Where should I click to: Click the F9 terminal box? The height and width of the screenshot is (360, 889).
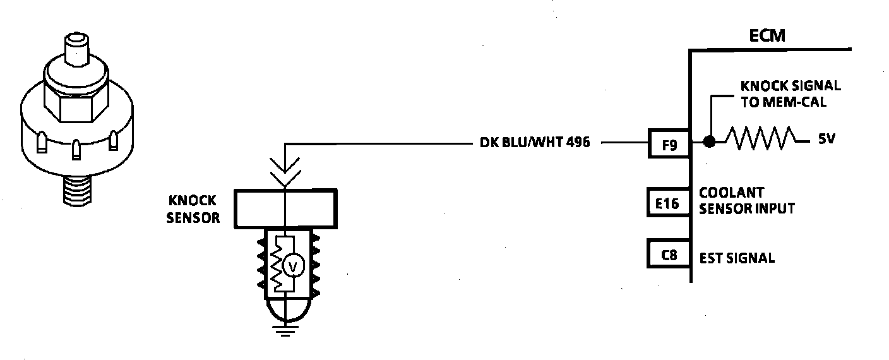pos(670,144)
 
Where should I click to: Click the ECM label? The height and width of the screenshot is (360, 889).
pos(767,35)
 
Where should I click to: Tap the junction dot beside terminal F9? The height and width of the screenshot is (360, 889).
pos(710,142)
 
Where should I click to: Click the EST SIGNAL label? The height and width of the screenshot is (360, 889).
pos(736,258)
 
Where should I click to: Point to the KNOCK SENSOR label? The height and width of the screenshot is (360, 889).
pos(194,209)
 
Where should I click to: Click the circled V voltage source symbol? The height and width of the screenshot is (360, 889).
pos(293,268)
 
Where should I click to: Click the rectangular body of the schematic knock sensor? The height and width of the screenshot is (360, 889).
pos(285,208)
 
